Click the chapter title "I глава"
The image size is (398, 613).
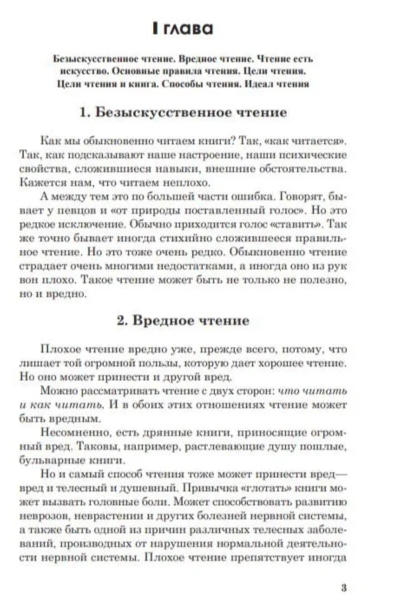[182, 29]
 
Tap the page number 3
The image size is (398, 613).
[344, 588]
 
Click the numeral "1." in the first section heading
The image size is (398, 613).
[85, 112]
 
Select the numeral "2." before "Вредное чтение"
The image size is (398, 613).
[123, 321]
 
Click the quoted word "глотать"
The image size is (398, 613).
[265, 488]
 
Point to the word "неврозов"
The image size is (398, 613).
[43, 516]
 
